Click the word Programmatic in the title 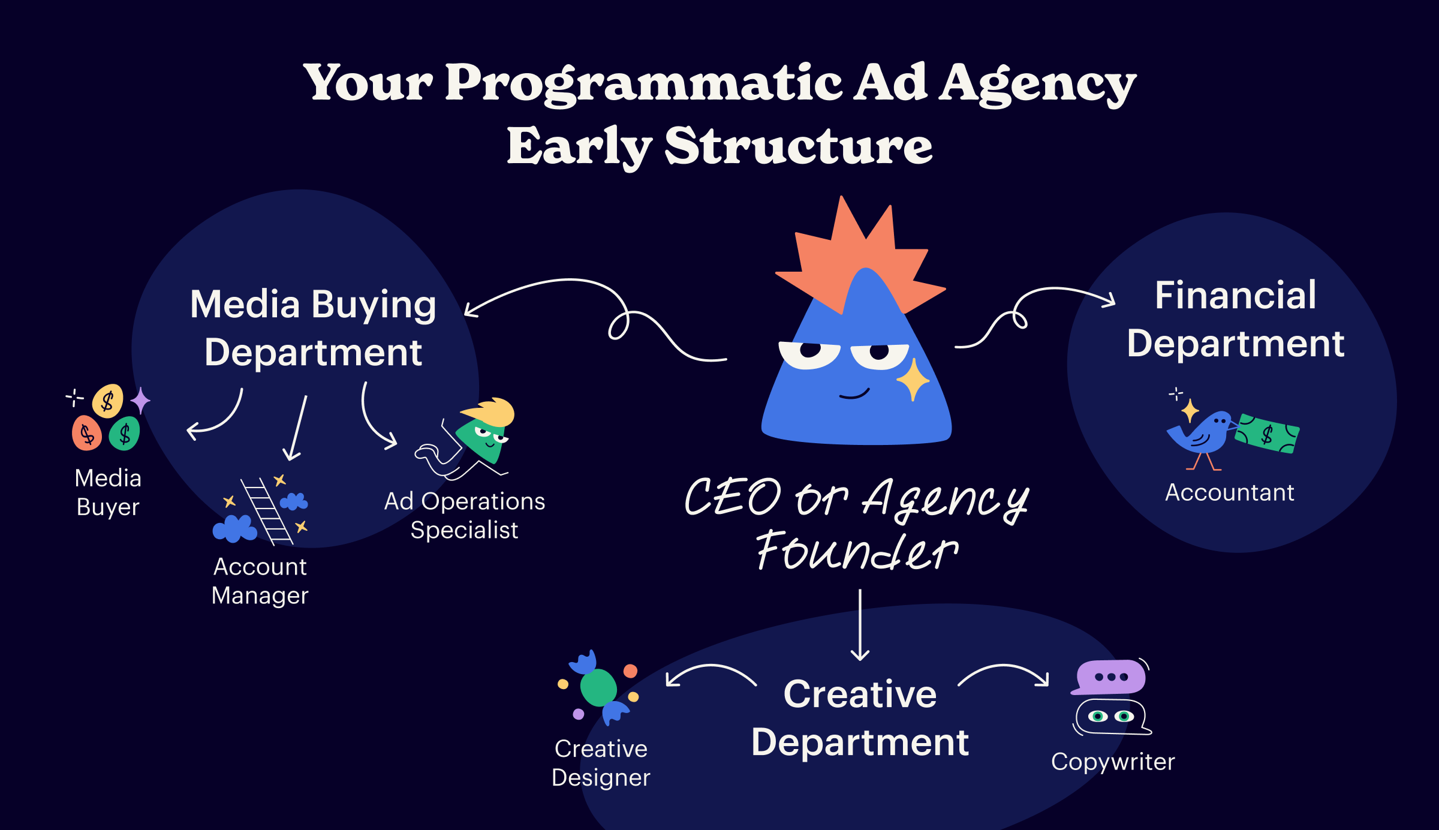642,84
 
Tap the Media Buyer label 108,492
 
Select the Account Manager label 260,581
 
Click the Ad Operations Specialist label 465,515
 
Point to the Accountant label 1230,492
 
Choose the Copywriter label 1113,762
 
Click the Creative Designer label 601,763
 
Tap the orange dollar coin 87,433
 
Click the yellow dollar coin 108,401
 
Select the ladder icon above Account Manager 267,512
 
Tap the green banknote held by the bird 1267,434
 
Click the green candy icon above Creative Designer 598,688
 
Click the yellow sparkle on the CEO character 913,380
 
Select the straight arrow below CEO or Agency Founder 860,625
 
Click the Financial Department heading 1236,319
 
